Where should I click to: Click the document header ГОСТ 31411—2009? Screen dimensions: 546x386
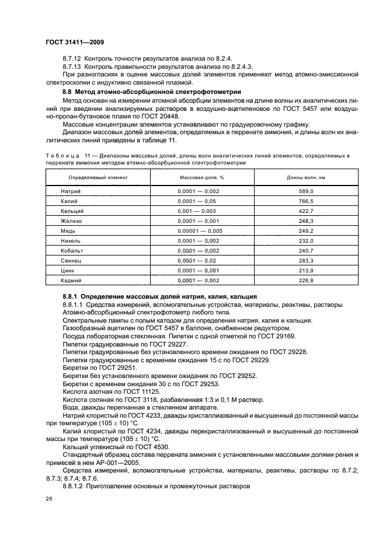pyautogui.click(x=75, y=42)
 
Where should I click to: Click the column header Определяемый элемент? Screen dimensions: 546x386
pyautogui.click(x=93, y=176)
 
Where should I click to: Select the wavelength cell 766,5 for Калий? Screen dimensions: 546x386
pyautogui.click(x=307, y=201)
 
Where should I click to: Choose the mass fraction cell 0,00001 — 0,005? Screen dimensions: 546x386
pyautogui.click(x=200, y=230)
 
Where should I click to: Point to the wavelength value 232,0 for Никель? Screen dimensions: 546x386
pyautogui.click(x=307, y=240)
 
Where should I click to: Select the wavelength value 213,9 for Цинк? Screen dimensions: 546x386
pyautogui.click(x=307, y=270)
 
